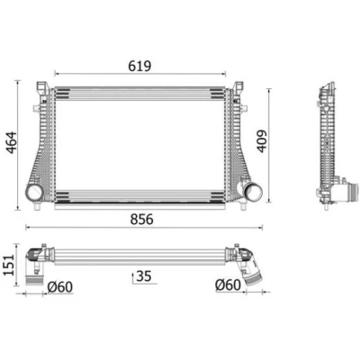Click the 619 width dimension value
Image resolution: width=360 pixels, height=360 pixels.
tap(139, 66)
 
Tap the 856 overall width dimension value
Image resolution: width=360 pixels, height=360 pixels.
tap(141, 220)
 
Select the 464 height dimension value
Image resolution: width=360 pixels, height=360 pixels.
tap(12, 142)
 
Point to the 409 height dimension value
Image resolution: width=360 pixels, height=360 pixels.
tap(262, 141)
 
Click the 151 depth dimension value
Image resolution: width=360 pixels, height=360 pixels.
tap(9, 265)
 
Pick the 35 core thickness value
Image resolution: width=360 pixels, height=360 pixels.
tap(144, 276)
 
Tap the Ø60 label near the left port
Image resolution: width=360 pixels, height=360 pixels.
tap(60, 287)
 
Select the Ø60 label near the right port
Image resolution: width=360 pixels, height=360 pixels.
tap(228, 285)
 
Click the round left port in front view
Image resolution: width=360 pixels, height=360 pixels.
tap(33, 193)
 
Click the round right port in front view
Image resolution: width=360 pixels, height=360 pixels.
tap(253, 193)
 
